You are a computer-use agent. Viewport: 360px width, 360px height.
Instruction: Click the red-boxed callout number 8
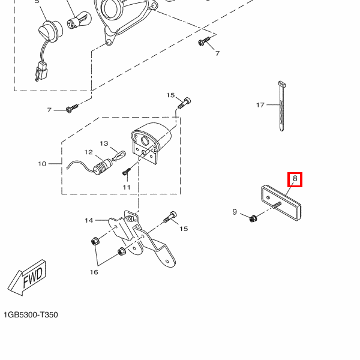click(295, 179)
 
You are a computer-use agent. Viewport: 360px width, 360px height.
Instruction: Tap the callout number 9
click(235, 212)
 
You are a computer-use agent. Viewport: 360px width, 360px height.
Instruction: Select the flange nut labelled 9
click(253, 218)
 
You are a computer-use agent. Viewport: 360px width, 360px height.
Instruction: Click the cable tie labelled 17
click(282, 106)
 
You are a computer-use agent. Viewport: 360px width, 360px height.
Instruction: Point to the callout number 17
click(260, 105)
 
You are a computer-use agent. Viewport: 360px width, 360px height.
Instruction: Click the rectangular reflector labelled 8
click(281, 203)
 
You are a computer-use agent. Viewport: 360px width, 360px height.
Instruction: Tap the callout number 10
click(42, 164)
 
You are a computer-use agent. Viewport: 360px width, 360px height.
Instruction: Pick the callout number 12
click(89, 152)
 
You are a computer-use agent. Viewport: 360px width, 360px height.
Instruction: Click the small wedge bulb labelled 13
click(119, 156)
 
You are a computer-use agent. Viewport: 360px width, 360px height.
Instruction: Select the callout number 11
click(127, 187)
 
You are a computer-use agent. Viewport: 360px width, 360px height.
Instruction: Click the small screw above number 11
click(127, 171)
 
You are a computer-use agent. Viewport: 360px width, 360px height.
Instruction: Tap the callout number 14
click(89, 220)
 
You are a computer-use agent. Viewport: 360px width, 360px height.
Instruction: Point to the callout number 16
click(94, 272)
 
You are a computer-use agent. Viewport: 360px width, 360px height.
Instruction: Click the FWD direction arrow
click(27, 278)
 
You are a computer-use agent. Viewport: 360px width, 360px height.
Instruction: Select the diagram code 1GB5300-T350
click(31, 314)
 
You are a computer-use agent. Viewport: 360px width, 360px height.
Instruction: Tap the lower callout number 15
click(184, 229)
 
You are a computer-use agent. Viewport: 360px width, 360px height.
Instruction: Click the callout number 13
click(104, 143)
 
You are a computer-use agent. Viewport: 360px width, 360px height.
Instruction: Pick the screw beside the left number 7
click(72, 109)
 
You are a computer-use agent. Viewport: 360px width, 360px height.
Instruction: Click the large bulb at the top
click(79, 22)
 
